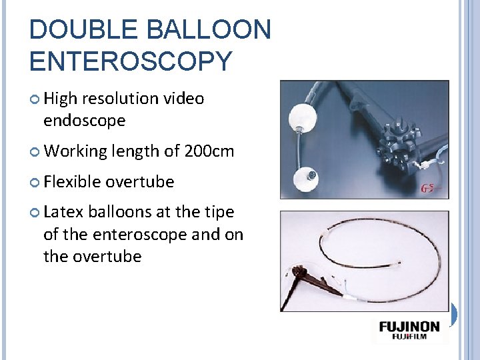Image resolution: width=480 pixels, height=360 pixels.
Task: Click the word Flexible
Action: (x=72, y=181)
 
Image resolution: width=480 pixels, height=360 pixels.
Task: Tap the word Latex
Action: (x=62, y=212)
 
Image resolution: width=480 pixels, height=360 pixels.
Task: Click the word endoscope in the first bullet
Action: (x=84, y=121)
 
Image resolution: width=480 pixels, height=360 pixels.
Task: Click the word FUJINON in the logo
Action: (x=409, y=327)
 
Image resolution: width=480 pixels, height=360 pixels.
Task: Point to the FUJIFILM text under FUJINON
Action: (x=409, y=338)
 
